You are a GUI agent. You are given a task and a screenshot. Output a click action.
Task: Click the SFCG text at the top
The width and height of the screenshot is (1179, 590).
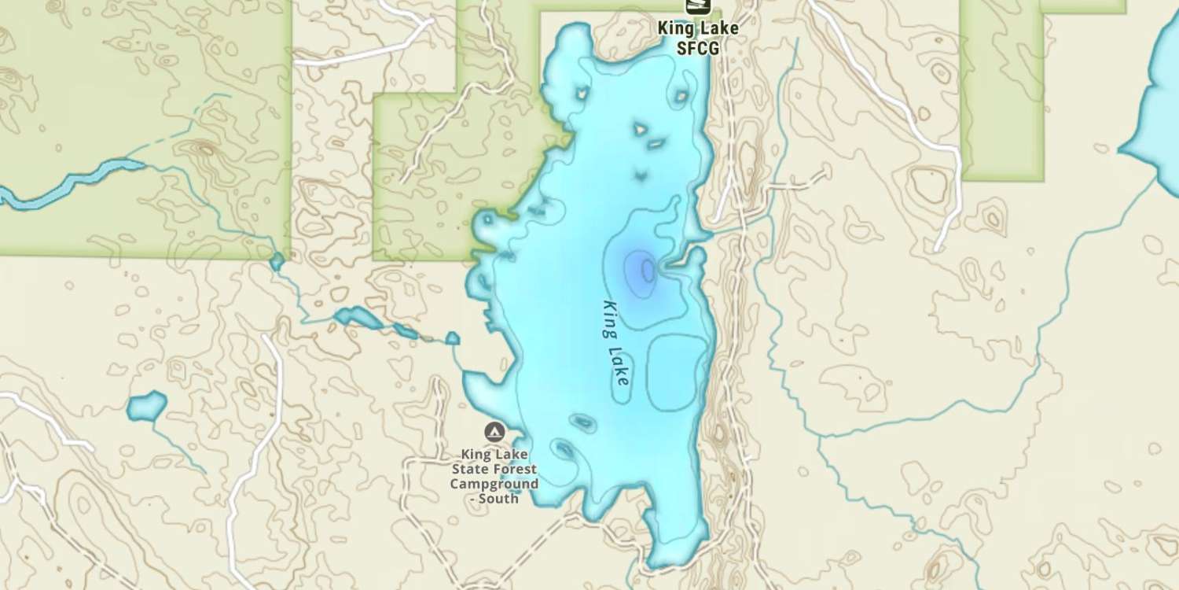pos(697,47)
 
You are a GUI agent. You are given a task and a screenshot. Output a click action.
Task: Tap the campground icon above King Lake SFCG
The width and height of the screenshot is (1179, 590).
pos(697,6)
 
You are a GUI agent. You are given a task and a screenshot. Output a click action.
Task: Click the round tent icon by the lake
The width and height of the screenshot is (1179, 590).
pos(494,431)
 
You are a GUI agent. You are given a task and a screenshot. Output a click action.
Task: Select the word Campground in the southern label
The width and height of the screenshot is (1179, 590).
pos(494,484)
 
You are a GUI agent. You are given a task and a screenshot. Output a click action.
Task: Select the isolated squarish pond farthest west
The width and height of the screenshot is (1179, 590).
pos(146,406)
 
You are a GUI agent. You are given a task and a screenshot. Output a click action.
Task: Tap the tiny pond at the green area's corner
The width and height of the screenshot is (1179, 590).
pos(277,261)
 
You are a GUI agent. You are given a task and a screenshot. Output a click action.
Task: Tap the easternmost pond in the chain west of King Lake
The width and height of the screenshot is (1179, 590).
pos(452,338)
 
